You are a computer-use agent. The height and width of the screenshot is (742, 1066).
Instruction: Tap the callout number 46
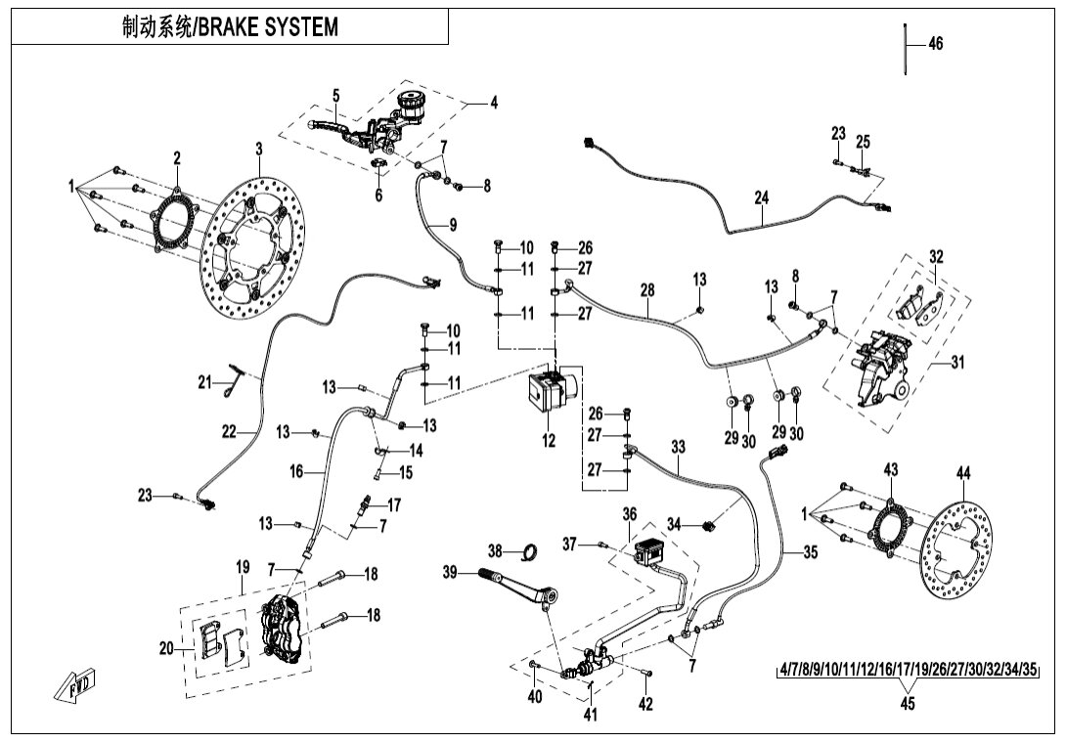point(935,44)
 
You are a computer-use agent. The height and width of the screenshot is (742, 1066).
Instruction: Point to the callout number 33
point(679,447)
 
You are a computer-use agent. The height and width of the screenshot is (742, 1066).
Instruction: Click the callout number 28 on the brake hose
point(646,290)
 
